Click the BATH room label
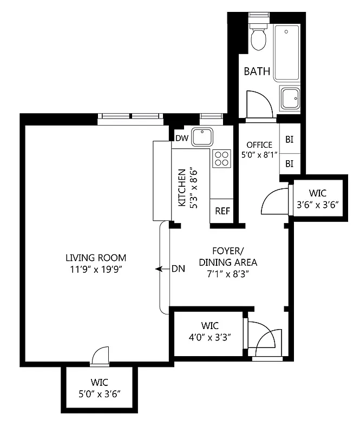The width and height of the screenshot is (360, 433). [x=257, y=71]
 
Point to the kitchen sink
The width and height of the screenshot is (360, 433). [x=202, y=137]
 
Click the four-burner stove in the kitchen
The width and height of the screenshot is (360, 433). [x=221, y=158]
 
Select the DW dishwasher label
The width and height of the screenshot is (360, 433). [x=181, y=139]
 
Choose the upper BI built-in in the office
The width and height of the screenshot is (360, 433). [x=289, y=140]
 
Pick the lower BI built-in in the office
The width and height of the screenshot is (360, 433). [x=289, y=163]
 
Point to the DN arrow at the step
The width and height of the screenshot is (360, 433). [x=161, y=268]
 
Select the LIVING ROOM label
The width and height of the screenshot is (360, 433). [x=96, y=257]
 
